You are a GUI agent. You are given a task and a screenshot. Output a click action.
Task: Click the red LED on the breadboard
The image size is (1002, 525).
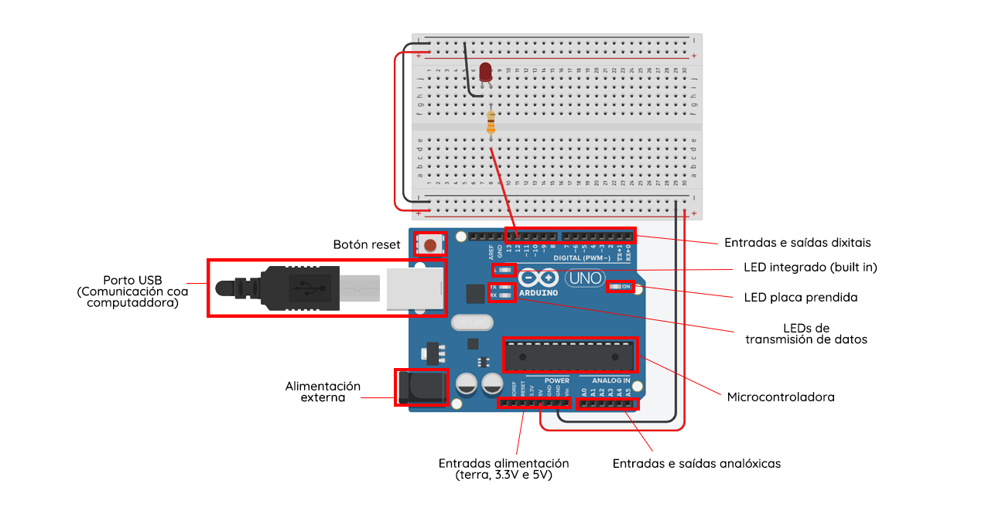coord(486,73)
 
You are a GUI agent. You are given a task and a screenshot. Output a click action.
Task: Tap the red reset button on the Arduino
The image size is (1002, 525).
coord(429,244)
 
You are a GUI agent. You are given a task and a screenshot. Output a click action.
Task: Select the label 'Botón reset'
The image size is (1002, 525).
coord(367,244)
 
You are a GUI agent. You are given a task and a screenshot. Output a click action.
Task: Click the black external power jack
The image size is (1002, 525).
coord(422,387)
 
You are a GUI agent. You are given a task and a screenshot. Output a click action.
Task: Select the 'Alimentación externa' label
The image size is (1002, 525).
coord(323,391)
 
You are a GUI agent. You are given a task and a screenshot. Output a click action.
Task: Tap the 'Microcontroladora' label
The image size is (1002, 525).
coord(781,397)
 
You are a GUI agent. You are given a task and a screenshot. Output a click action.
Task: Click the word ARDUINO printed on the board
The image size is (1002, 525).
coord(539,293)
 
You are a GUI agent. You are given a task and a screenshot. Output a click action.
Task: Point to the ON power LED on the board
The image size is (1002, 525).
coord(621,287)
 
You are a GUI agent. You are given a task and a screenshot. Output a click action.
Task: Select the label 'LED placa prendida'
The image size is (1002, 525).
coord(800,297)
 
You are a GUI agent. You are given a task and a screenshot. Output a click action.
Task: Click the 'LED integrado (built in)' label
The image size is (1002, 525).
coord(810,268)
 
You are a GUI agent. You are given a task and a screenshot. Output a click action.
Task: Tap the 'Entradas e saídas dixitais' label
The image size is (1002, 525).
coord(797,242)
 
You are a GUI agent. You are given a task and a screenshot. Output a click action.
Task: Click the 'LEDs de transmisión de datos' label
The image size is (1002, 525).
coord(805,333)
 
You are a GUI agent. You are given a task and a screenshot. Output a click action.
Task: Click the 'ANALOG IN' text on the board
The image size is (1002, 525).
coord(610,380)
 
